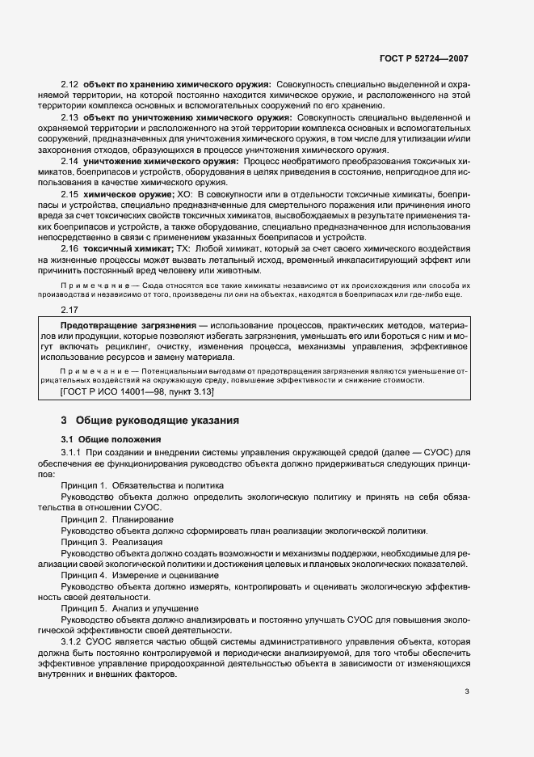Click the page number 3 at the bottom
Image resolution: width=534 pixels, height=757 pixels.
[x=467, y=691]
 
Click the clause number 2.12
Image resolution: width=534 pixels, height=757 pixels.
[x=70, y=85]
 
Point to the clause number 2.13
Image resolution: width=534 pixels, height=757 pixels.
[x=70, y=118]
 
